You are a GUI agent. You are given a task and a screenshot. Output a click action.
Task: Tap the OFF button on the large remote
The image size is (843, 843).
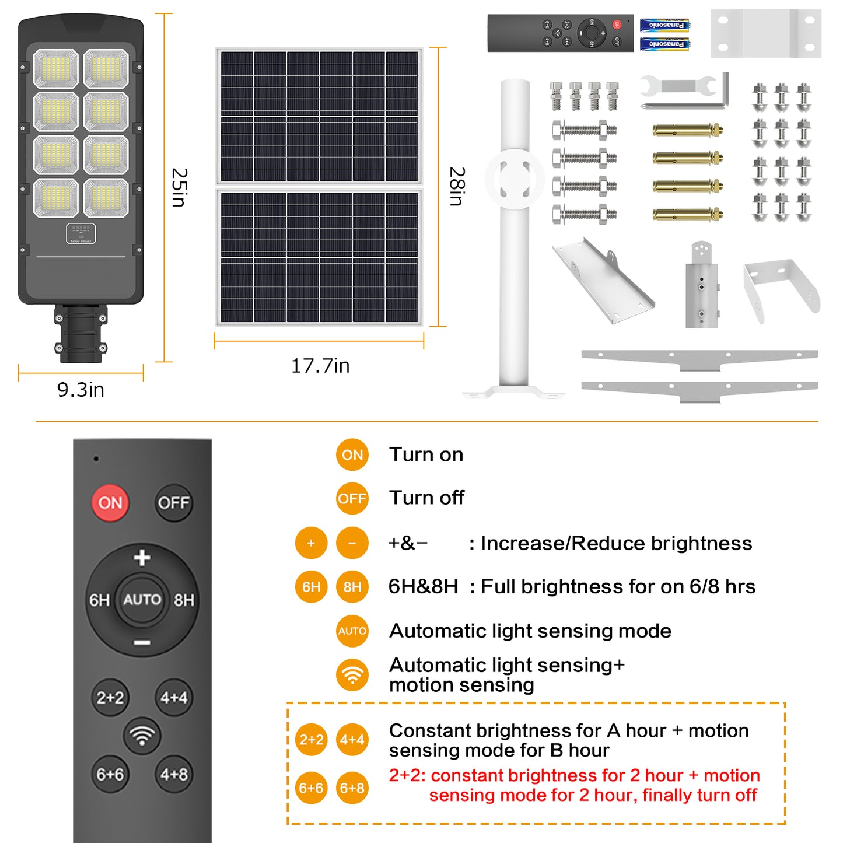(173, 502)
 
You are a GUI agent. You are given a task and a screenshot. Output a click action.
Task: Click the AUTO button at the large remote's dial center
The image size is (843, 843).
(142, 599)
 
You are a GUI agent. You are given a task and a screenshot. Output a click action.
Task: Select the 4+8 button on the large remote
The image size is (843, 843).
(173, 774)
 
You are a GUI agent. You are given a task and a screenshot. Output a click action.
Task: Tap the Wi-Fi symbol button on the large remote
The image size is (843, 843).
(142, 736)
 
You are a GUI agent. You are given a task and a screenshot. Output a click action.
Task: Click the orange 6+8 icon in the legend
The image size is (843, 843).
(352, 788)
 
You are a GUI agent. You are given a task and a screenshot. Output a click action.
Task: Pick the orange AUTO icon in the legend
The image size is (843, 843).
(352, 631)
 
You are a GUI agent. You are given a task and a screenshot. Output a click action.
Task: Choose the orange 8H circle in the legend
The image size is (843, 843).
(352, 586)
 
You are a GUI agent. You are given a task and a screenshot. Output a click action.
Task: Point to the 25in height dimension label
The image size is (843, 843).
(179, 187)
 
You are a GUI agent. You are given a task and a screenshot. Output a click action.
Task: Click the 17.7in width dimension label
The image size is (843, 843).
(320, 366)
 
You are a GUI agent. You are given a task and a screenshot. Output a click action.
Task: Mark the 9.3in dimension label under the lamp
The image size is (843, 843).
(81, 390)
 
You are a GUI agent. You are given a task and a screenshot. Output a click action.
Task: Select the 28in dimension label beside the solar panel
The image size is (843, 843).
(456, 187)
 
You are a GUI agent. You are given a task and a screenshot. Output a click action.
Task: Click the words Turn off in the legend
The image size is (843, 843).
(426, 498)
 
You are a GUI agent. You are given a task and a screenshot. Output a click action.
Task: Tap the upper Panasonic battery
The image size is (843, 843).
(664, 25)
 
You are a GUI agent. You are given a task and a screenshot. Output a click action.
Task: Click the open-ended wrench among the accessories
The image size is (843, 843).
(678, 86)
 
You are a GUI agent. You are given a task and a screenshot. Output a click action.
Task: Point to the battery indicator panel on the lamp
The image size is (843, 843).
(81, 233)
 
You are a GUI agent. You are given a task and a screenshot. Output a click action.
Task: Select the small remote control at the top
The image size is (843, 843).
(560, 33)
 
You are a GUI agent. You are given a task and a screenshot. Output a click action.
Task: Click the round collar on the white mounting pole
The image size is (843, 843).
(515, 179)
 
